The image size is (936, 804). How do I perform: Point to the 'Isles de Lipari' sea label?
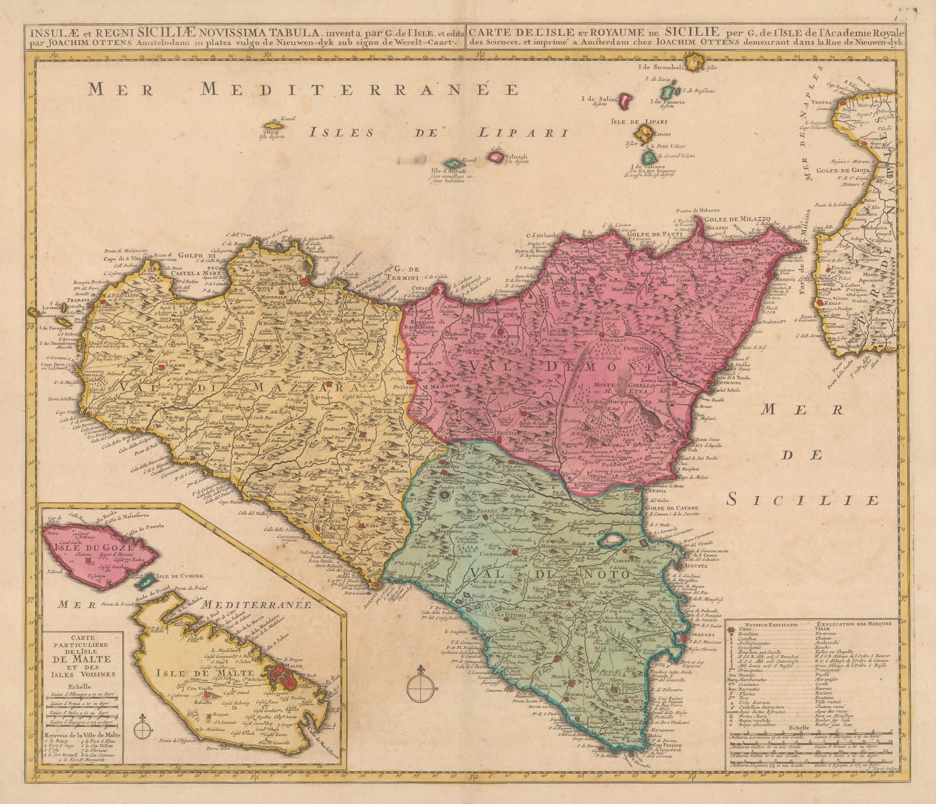[439, 132]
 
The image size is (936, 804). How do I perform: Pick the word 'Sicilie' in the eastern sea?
[804, 500]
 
